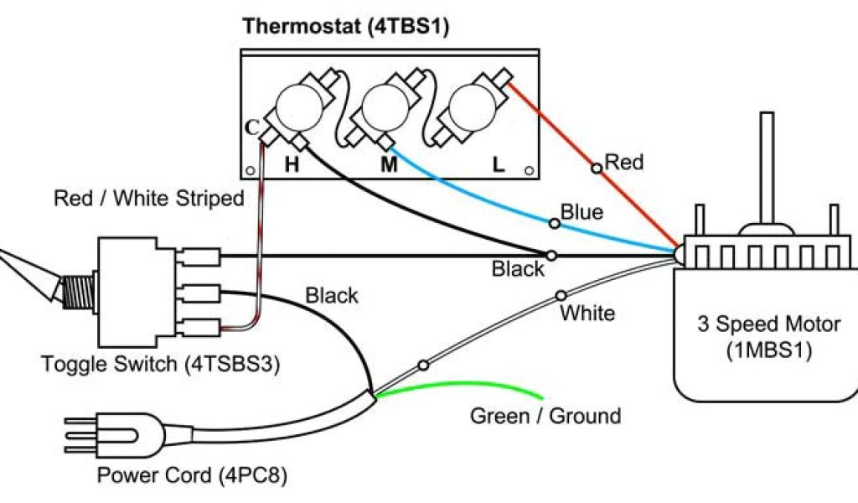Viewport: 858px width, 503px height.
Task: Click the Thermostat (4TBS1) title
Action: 346,26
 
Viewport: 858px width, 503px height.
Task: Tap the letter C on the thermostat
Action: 251,127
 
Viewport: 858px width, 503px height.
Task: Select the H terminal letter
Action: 292,164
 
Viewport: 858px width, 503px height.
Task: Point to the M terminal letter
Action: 389,164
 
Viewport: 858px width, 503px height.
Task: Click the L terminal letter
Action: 499,164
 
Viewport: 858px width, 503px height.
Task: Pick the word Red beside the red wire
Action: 624,162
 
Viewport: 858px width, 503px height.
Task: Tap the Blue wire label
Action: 581,212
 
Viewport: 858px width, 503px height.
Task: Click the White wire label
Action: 587,314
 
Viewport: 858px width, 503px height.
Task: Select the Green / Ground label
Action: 545,416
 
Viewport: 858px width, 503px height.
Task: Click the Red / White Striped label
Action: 148,200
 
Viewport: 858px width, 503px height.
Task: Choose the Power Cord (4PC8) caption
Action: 192,475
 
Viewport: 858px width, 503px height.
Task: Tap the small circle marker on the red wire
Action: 596,169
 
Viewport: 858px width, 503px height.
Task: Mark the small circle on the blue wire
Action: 553,223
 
